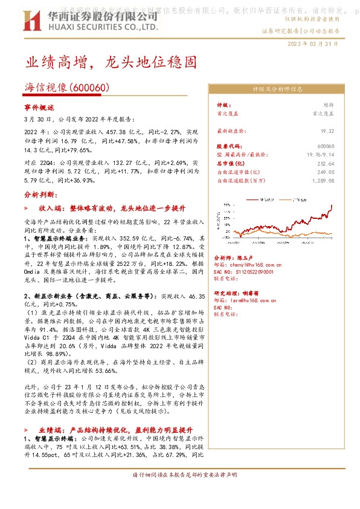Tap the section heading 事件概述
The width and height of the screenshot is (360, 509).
click(39, 107)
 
